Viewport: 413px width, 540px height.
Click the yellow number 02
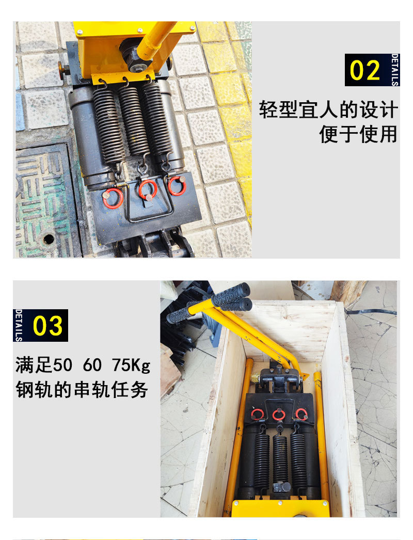[x=365, y=70]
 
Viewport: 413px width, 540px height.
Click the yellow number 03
[x=47, y=326]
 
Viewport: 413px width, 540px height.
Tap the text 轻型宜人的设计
[x=328, y=110]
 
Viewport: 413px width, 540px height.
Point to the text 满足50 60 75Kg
[x=83, y=366]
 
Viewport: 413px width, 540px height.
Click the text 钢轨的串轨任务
[x=82, y=389]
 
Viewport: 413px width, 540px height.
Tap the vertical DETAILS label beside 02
[x=395, y=70]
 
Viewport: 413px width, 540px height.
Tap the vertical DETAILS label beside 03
[x=19, y=325]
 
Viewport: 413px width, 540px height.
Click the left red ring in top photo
[x=113, y=198]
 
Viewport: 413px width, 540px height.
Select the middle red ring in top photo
[x=148, y=189]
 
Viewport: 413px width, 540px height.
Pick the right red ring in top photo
[x=177, y=186]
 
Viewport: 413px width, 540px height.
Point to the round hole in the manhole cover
[x=49, y=239]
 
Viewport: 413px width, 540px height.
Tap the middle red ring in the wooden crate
[x=279, y=415]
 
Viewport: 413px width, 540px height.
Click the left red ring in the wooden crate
[x=257, y=414]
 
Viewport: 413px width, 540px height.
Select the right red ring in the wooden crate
[x=301, y=414]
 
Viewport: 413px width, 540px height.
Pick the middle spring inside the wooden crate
[x=280, y=459]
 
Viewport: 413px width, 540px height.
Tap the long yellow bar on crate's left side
[x=239, y=434]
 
